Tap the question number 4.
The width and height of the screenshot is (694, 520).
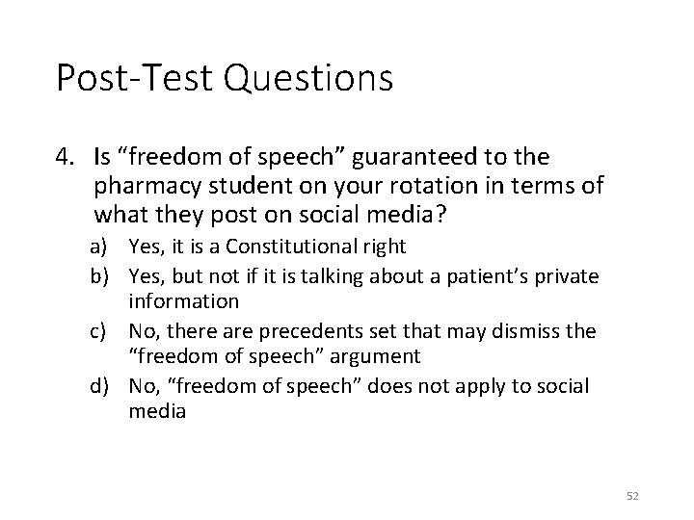pos(64,155)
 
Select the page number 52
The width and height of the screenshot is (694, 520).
pos(632,495)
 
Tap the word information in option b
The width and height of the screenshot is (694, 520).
pos(184,301)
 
